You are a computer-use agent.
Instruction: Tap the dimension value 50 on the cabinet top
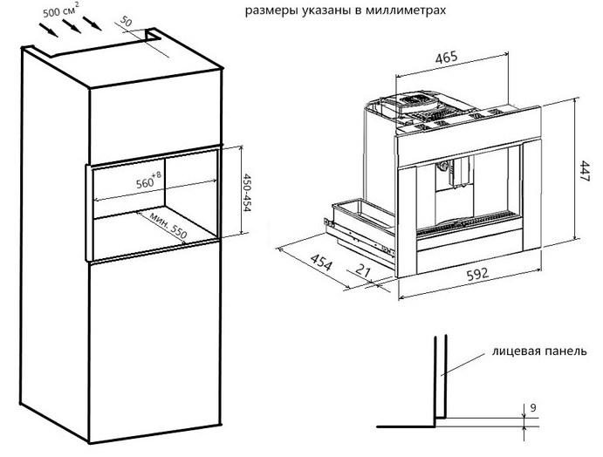(x=127, y=21)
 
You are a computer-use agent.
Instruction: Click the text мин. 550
(x=169, y=224)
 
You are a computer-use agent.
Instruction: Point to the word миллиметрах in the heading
(x=410, y=13)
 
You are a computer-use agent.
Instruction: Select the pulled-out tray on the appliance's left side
(x=358, y=217)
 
